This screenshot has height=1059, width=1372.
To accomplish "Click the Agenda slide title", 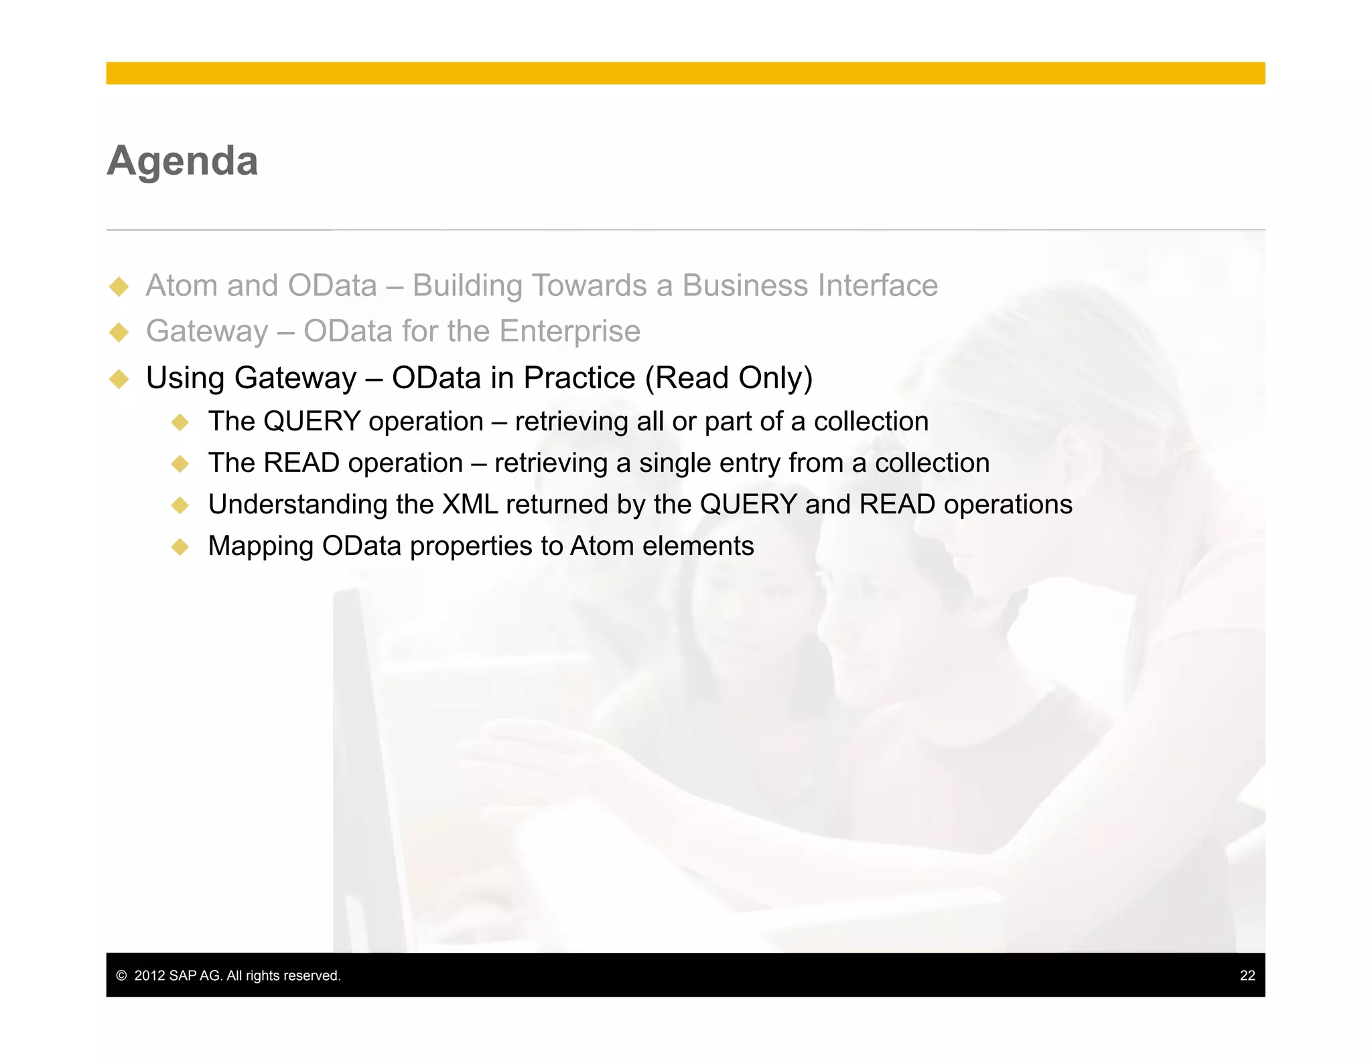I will [182, 161].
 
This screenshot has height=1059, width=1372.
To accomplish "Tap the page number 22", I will [1247, 975].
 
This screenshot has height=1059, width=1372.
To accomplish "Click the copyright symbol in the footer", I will [121, 976].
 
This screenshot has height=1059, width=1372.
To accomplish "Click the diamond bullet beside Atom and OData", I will [119, 287].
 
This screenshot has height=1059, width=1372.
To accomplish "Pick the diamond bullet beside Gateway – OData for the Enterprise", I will [119, 332].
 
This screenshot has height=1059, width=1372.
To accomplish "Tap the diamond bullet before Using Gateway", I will [119, 379].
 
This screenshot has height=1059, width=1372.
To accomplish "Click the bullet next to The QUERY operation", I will [180, 422].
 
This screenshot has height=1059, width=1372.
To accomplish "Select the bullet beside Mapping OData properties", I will [180, 547].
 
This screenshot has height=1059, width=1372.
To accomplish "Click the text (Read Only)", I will [728, 378].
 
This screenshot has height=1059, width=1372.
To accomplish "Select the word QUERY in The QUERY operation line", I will [312, 422].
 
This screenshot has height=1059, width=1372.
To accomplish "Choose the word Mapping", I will [261, 547].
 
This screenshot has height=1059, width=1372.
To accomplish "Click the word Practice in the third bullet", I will [579, 378].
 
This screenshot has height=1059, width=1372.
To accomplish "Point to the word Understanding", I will [297, 505].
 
